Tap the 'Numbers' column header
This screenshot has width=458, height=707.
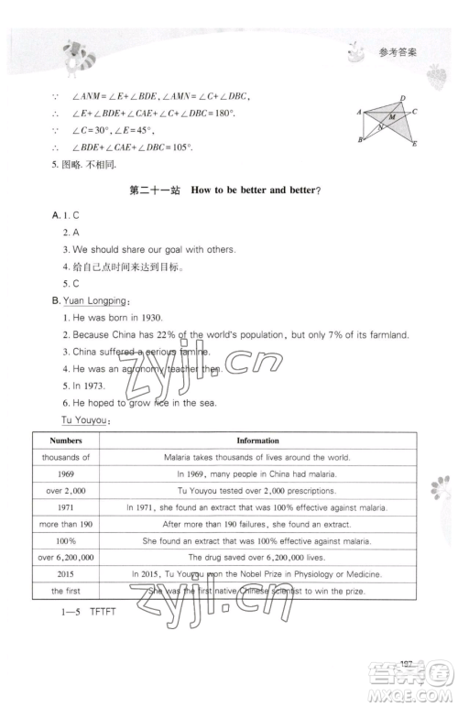66,441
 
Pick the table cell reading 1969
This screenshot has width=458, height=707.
66,473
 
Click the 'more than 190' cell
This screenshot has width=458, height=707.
66,524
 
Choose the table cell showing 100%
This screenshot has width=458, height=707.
66,540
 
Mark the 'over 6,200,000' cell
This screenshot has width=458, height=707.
66,557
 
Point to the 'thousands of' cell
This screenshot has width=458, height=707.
66,457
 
